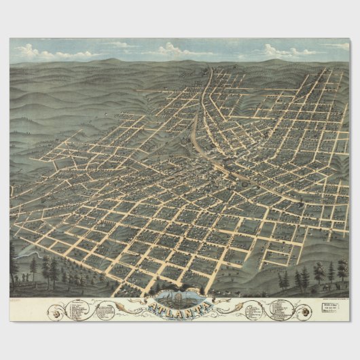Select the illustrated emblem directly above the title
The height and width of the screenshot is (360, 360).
(x=179, y=297)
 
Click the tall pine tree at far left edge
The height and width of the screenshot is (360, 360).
(x=13, y=262)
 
